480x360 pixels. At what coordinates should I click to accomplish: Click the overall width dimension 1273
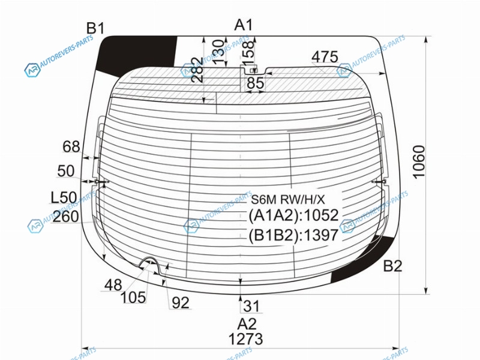point(245,339)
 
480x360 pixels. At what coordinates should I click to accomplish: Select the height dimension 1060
point(419,161)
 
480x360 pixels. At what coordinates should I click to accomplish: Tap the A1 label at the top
point(244,25)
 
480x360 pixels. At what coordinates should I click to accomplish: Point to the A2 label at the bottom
point(247,324)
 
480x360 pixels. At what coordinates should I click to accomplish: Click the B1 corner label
point(95,28)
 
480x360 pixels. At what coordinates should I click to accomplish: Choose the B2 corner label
point(392,266)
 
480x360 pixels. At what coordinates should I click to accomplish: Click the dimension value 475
point(325,57)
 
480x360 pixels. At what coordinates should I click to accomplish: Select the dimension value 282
point(197,70)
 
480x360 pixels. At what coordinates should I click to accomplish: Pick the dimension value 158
point(249,50)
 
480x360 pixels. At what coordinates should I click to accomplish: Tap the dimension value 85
point(256,83)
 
